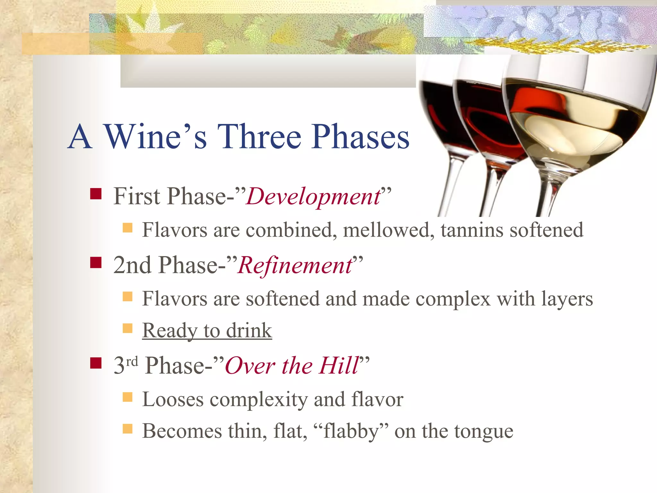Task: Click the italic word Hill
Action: point(338,366)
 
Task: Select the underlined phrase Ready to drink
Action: point(207,331)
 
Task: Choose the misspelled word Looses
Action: point(173,400)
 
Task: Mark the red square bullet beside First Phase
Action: point(96,194)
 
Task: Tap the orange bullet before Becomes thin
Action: point(128,429)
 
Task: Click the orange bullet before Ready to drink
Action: point(128,328)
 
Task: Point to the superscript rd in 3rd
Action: point(132,361)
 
